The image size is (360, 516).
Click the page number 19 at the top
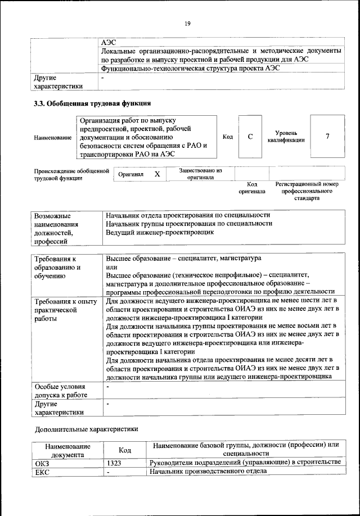coord(187,23)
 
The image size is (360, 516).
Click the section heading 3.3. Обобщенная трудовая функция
coord(92,103)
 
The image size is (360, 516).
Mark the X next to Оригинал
coord(157,174)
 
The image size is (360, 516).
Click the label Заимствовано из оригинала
coord(201,174)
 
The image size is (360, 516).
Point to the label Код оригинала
coord(251,188)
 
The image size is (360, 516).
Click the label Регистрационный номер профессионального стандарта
coord(307,191)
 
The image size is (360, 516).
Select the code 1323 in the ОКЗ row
coord(113,462)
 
